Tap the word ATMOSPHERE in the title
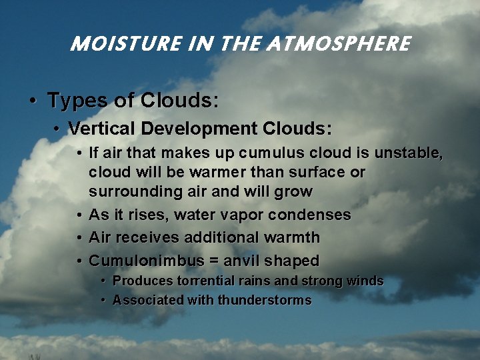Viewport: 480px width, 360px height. (x=339, y=44)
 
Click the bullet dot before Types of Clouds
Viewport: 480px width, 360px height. (x=33, y=101)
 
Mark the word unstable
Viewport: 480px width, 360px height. (x=407, y=153)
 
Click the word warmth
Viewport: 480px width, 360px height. (x=291, y=237)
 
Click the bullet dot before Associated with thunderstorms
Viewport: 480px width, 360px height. (x=103, y=301)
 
